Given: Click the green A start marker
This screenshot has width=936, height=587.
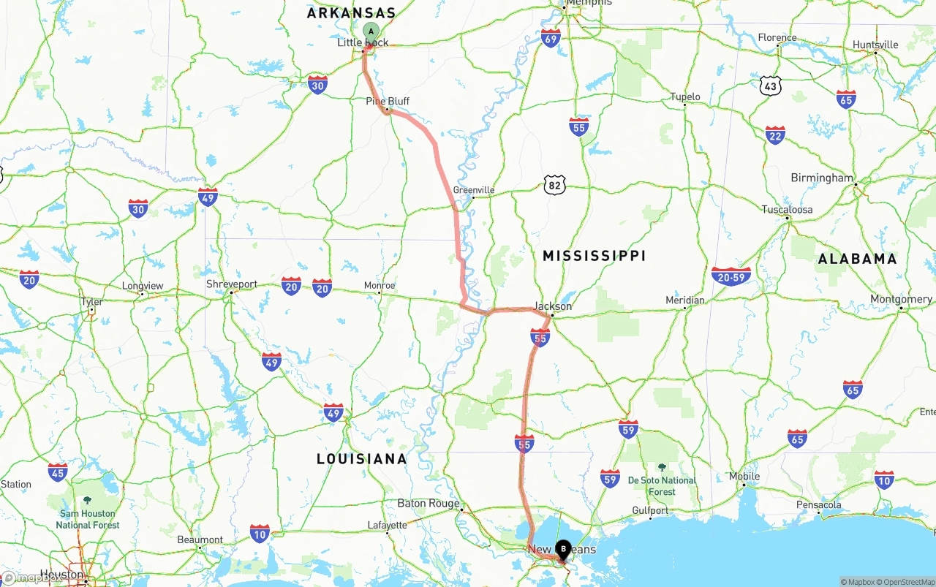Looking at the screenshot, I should click(x=371, y=31).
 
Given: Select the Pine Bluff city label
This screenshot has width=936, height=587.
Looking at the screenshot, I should click(x=388, y=102).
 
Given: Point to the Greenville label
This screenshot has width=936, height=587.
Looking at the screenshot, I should click(x=474, y=190).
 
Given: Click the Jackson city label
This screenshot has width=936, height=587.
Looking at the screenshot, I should click(x=553, y=306).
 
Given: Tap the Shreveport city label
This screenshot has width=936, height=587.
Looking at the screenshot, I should click(x=232, y=284).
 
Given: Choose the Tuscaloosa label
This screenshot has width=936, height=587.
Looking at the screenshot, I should click(x=787, y=209).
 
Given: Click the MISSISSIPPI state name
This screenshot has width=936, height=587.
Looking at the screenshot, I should click(x=595, y=256).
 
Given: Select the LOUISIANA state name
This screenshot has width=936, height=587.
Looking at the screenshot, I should click(x=362, y=459).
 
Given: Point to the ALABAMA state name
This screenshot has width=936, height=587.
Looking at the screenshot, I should click(x=857, y=259).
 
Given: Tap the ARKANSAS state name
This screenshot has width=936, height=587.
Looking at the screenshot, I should click(x=351, y=13).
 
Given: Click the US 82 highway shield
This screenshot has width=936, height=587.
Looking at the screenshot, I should click(x=555, y=186).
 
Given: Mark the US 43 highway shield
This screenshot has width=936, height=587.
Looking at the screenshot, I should click(x=770, y=86).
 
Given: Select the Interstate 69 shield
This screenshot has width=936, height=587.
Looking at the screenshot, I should click(x=551, y=39).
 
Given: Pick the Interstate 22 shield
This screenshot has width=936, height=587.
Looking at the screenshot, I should click(x=775, y=135).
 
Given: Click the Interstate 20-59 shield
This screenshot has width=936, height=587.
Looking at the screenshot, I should click(x=731, y=276).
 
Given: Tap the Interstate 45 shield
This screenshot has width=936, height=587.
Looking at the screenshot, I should click(x=58, y=472).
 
